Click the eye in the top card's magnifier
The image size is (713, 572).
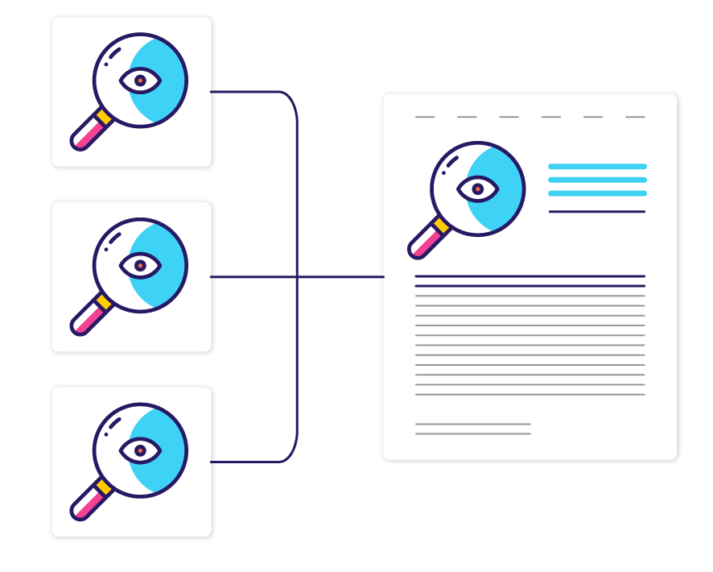click(140, 81)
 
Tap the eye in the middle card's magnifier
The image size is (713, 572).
click(140, 265)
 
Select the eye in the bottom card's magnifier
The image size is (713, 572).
click(140, 450)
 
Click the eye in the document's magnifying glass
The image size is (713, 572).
click(477, 189)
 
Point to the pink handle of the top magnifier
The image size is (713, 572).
click(85, 135)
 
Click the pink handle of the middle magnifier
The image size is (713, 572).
click(85, 320)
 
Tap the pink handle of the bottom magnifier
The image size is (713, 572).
click(85, 505)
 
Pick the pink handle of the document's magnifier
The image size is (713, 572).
click(422, 244)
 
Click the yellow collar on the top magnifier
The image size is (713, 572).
click(104, 118)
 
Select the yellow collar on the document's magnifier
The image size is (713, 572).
click(441, 226)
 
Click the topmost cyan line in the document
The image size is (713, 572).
click(597, 167)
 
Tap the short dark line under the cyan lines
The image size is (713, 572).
click(596, 212)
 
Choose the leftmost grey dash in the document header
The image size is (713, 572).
click(424, 118)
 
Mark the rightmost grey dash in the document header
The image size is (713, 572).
click(635, 118)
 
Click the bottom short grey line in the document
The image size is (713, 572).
click(472, 434)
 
